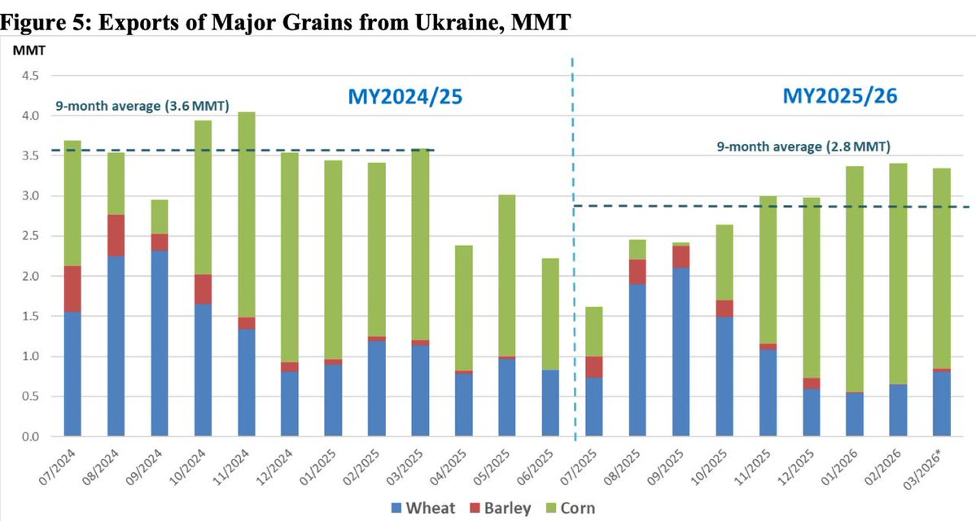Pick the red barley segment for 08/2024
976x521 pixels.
click(116, 235)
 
